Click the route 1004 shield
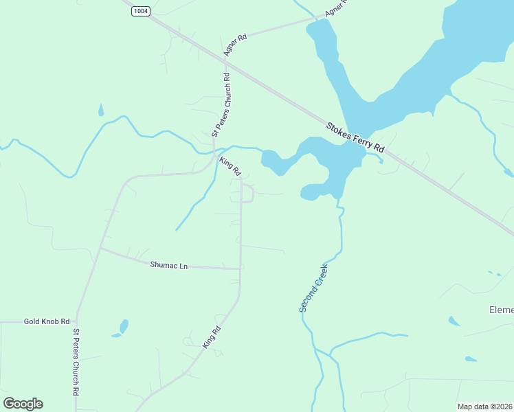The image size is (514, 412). (x=141, y=11)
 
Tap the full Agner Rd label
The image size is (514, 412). (x=234, y=45)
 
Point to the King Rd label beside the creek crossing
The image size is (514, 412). (x=230, y=165)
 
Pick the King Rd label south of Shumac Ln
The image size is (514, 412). (x=212, y=338)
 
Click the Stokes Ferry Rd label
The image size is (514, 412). (x=355, y=137)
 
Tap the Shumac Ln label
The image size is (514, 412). (x=168, y=264)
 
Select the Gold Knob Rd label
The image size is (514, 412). (x=47, y=321)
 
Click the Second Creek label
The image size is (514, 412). (x=313, y=288)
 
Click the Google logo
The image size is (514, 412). (x=23, y=404)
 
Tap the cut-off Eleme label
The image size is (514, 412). (x=501, y=310)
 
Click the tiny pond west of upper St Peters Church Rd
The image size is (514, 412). (x=101, y=110)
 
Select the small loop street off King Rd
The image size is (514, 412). (x=248, y=194)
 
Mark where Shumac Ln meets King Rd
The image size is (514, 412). (x=241, y=268)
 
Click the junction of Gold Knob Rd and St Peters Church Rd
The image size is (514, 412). (x=76, y=321)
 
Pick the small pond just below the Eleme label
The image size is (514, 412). (x=454, y=321)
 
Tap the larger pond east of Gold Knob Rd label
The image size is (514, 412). (x=124, y=325)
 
